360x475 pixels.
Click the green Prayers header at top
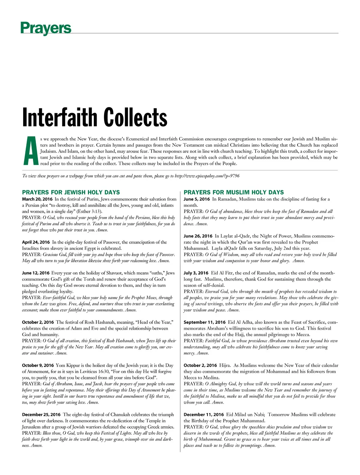(46, 28)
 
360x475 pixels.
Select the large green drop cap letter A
(31, 151)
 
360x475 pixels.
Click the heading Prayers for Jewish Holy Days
(71, 192)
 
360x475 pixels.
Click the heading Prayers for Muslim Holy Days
(234, 192)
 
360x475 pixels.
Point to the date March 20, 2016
(37, 199)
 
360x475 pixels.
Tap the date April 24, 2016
(36, 242)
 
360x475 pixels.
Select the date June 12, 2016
(36, 273)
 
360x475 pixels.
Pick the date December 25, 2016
(41, 415)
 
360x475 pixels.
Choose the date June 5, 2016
(197, 199)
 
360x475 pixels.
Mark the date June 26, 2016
(198, 236)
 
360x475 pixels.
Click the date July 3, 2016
(196, 273)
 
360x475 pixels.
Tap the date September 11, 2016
(205, 322)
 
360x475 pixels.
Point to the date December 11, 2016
(204, 415)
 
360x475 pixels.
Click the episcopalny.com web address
(207, 176)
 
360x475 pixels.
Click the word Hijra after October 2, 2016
(225, 366)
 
